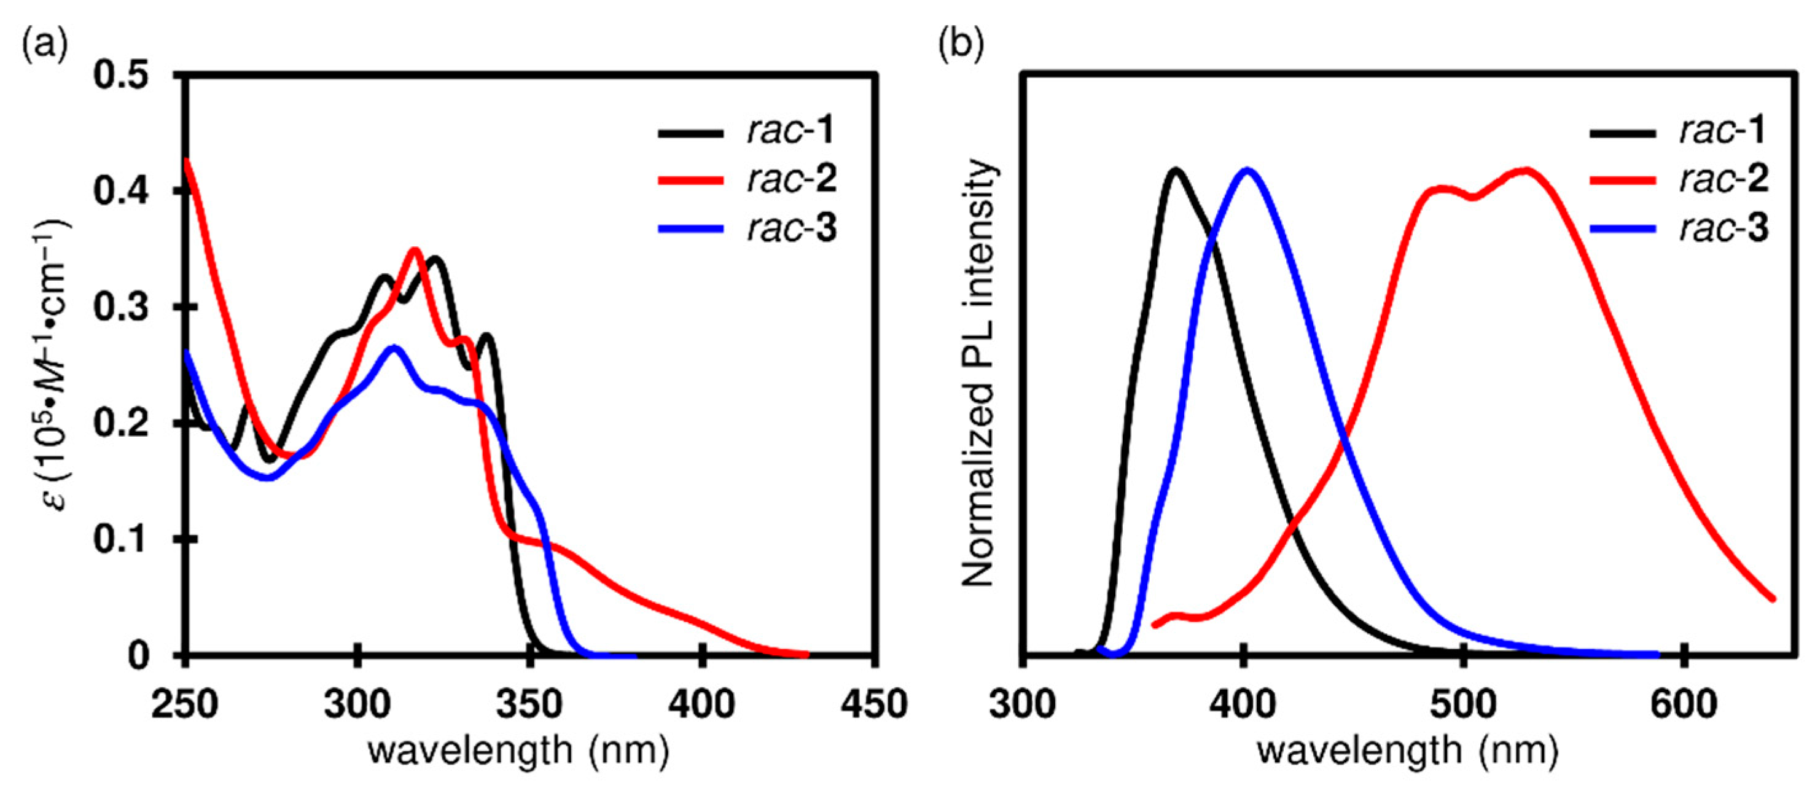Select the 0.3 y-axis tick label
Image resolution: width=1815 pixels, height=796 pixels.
[x=123, y=308]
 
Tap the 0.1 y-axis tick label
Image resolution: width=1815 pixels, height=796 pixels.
[x=123, y=540]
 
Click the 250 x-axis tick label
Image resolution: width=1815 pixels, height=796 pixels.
[x=185, y=704]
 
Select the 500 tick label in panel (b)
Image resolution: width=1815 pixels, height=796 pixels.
[x=1464, y=704]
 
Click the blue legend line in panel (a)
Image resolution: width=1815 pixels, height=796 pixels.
[x=690, y=229]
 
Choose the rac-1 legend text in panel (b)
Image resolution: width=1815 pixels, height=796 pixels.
[x=1723, y=131]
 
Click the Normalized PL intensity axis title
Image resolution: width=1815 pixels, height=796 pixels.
[x=980, y=373]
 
